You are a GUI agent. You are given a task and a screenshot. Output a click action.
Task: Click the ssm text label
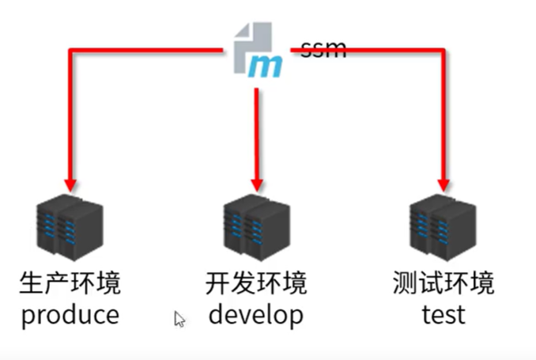point(323,48)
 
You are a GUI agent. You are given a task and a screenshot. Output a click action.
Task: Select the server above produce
point(70,230)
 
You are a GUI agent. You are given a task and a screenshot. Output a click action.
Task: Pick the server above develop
point(255,230)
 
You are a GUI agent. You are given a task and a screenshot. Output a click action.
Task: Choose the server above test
point(443,230)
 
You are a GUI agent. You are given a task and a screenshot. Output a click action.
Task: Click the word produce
point(70,315)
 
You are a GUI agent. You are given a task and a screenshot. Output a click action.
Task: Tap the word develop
point(255,315)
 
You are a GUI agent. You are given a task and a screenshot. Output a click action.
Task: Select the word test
point(443,315)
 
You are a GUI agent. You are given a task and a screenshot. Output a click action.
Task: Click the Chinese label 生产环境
point(70,283)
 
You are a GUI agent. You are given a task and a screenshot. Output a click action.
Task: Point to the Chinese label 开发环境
point(255,283)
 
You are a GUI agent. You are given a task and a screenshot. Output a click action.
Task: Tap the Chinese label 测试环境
point(443,283)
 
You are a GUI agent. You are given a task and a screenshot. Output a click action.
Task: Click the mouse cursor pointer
point(179,319)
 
